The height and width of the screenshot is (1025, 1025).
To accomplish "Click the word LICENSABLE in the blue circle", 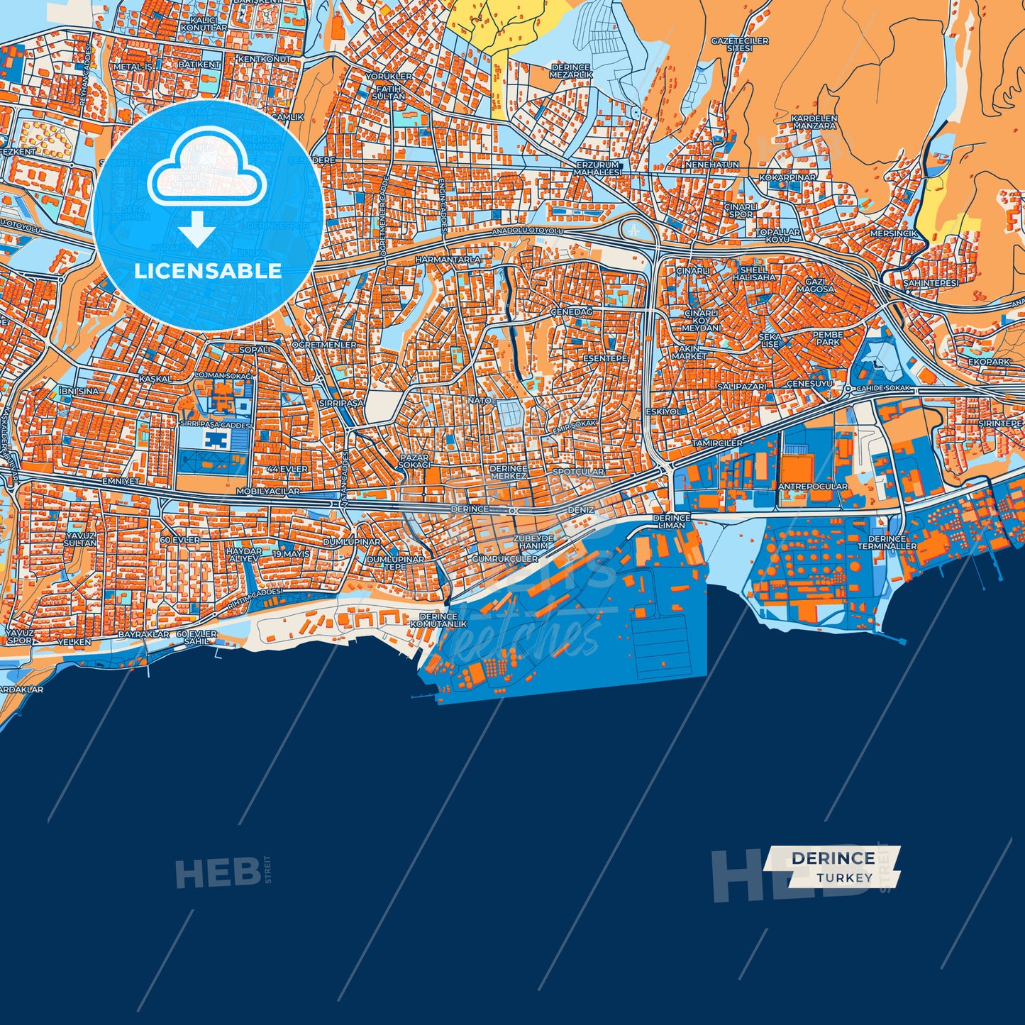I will pos(208,271).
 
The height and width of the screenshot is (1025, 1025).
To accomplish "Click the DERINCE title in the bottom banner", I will pos(833,858).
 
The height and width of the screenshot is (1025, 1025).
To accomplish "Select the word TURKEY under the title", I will pos(844,877).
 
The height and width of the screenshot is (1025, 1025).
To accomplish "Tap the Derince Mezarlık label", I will pos(571,71).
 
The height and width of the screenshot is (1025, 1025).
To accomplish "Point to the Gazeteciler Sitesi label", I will pos(739,45).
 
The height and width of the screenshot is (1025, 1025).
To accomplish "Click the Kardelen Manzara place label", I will pos(814,122).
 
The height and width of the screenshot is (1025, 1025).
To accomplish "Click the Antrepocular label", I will pos(812,487).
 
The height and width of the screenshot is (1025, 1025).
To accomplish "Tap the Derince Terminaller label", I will pos(887,543).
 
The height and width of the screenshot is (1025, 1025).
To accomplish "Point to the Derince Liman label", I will pos(672,521).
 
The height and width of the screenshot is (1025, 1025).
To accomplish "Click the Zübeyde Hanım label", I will pos(533,542).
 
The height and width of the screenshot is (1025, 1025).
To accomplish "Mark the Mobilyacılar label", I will pos(267,491).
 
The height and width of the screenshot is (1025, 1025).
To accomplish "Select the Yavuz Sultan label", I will pos(80,539).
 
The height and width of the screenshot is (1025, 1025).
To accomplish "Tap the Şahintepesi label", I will pos(930,283).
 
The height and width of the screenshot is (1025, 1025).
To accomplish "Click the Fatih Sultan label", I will pos(389,92).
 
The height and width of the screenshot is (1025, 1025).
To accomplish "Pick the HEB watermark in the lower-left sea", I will pos(218,872).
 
